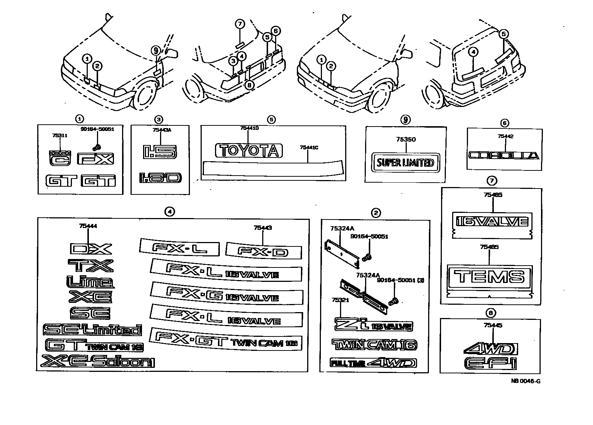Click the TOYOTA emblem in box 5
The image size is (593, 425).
249,151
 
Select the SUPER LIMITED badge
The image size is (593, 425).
405,162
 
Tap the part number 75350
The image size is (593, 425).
406,139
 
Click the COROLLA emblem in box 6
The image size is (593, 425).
504,155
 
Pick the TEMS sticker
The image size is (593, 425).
489,276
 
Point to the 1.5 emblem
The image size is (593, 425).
160,152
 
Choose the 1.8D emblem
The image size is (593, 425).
160,178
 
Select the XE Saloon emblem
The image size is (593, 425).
98,362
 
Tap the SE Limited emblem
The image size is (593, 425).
92,329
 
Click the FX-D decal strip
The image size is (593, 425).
263,251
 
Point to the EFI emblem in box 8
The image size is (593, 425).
490,363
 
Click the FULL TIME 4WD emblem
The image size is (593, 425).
373,363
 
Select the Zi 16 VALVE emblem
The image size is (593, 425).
373,325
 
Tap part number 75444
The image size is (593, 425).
88,226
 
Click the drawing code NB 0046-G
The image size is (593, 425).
526,381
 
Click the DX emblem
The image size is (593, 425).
90,249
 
